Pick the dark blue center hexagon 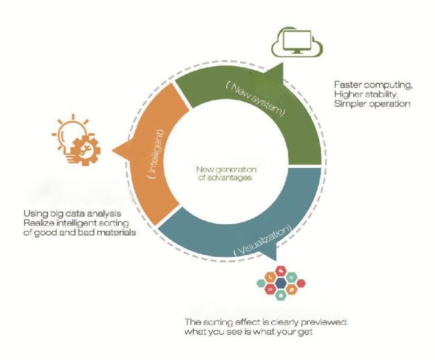[x=281, y=283]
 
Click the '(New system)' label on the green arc [x=255, y=98]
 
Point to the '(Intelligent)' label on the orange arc [x=156, y=154]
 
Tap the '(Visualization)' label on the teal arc [x=262, y=240]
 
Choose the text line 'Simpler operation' [x=372, y=104]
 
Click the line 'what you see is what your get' [x=248, y=332]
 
